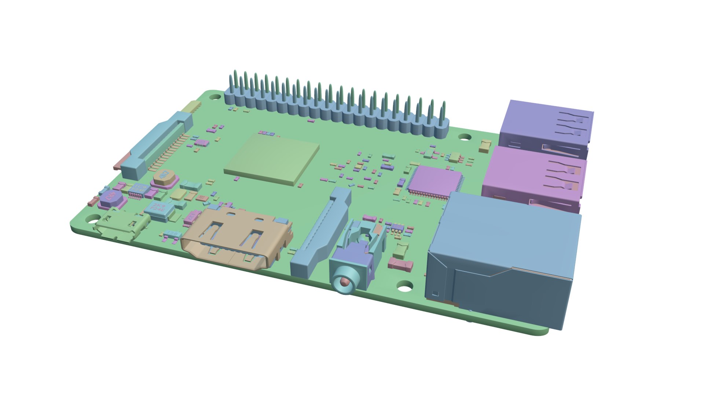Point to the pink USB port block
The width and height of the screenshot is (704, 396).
pos(532,180)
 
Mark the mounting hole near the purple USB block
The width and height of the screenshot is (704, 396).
pos(465,137)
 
